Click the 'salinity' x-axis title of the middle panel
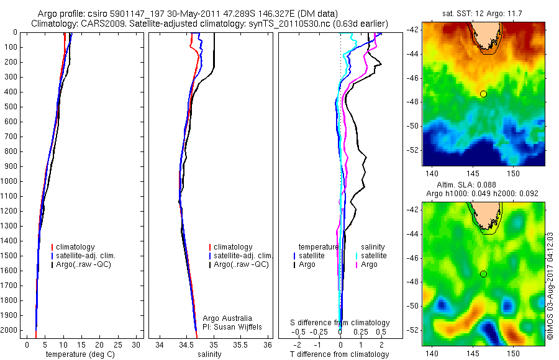tap(209, 354)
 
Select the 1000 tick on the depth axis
tap(11, 181)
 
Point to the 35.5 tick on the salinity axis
tap(240, 345)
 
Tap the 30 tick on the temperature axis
tap(137, 345)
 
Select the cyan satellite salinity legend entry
tap(371, 256)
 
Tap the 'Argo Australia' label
tap(228, 318)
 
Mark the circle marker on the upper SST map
tap(483, 94)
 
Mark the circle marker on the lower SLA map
tap(483, 274)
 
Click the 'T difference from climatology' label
tap(340, 354)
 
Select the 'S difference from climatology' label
tap(340, 323)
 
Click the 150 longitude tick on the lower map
tap(514, 354)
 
